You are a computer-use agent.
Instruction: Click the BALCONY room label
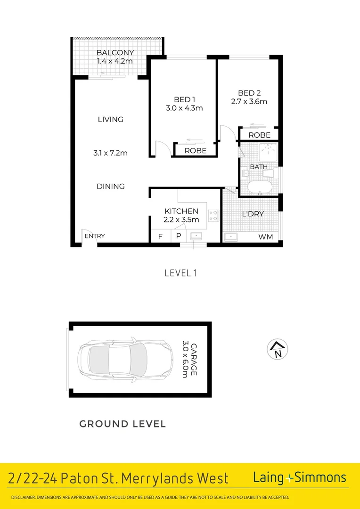pyautogui.click(x=115, y=53)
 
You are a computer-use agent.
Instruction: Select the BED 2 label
pyautogui.click(x=249, y=93)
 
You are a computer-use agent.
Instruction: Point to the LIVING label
pyautogui.click(x=110, y=119)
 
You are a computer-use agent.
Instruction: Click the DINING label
pyautogui.click(x=111, y=186)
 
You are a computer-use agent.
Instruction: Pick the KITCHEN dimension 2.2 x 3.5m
pyautogui.click(x=181, y=220)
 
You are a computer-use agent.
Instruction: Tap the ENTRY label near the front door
pyautogui.click(x=95, y=236)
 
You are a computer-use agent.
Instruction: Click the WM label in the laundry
pyautogui.click(x=266, y=237)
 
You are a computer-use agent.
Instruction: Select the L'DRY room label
pyautogui.click(x=253, y=214)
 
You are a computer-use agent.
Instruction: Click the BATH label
pyautogui.click(x=259, y=167)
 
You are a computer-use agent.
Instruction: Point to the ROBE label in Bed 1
pyautogui.click(x=195, y=151)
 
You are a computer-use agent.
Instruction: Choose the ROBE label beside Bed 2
pyautogui.click(x=260, y=135)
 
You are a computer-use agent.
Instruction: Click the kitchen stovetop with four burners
pyautogui.click(x=213, y=215)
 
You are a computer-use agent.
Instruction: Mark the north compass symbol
pyautogui.click(x=278, y=349)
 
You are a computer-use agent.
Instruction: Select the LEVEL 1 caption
pyautogui.click(x=180, y=272)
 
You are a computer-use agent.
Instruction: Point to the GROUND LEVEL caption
pyautogui.click(x=123, y=424)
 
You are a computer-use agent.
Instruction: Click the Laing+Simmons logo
pyautogui.click(x=300, y=477)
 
